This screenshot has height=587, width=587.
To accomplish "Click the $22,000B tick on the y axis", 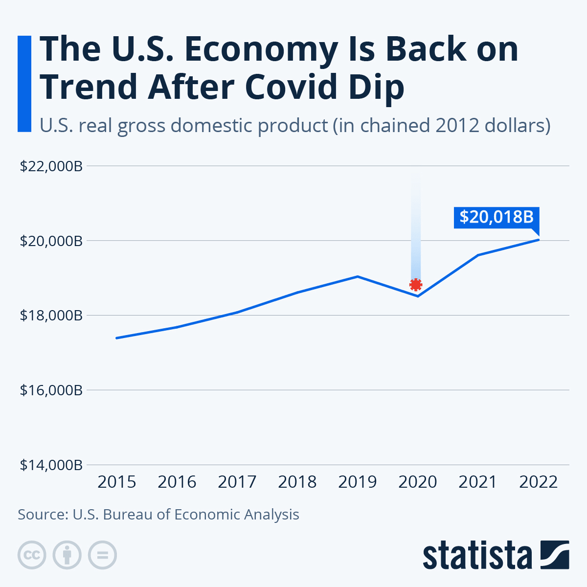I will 51,166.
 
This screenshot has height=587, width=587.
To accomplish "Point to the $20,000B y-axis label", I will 51,241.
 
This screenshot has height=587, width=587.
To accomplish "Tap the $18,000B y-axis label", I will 51,316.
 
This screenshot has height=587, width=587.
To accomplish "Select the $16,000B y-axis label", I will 51,390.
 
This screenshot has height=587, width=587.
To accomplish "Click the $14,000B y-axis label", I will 51,465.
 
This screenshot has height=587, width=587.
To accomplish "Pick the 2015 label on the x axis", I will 116,482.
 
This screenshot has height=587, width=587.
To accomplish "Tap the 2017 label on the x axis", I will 237,482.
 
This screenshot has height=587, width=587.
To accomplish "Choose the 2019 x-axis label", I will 358,482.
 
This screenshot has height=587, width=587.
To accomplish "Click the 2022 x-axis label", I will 538,482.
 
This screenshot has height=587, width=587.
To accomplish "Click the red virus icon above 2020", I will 416,285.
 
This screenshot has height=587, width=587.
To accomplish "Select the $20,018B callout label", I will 496,217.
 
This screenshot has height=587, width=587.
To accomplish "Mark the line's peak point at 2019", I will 358,276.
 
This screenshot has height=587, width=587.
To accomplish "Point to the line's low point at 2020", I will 418,296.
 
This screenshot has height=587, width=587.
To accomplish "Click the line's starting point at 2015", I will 116,338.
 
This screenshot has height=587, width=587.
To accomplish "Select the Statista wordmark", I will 477,556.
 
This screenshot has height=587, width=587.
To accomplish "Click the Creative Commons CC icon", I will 32,555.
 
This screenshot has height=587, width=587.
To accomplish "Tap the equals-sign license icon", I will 102,555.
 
